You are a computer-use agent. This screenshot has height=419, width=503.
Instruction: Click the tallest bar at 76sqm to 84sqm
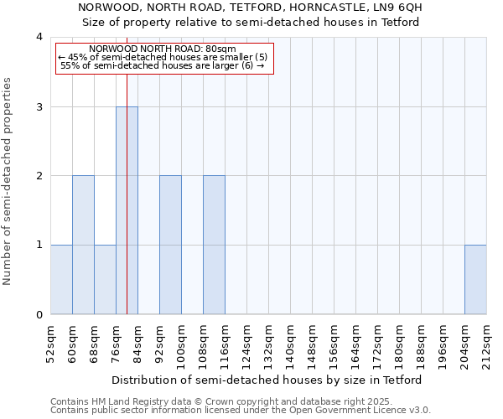click(x=127, y=210)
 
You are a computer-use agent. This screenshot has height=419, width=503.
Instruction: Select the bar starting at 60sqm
click(x=83, y=245)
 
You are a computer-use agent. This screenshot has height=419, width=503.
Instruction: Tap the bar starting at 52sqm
click(x=61, y=279)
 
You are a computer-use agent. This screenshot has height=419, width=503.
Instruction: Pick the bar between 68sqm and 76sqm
click(x=105, y=279)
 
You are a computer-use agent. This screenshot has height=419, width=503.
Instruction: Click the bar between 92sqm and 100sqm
click(x=170, y=245)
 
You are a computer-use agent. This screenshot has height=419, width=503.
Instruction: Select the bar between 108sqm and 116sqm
click(x=214, y=245)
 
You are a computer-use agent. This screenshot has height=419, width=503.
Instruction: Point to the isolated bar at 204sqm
click(x=475, y=279)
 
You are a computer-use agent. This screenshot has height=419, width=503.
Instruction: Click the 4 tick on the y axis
click(x=39, y=37)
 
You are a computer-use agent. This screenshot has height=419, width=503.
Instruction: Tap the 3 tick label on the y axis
click(x=39, y=106)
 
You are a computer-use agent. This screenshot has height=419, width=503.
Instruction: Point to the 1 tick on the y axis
click(x=39, y=245)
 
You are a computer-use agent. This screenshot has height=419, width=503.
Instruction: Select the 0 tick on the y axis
click(x=39, y=314)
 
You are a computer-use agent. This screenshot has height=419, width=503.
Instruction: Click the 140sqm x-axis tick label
click(x=290, y=344)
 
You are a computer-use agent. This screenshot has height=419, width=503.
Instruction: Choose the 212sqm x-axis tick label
click(x=486, y=344)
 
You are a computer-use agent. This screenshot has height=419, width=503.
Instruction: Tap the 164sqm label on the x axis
click(x=355, y=344)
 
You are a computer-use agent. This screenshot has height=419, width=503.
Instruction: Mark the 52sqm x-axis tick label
click(x=50, y=344)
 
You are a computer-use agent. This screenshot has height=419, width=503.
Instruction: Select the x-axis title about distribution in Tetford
click(x=268, y=380)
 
